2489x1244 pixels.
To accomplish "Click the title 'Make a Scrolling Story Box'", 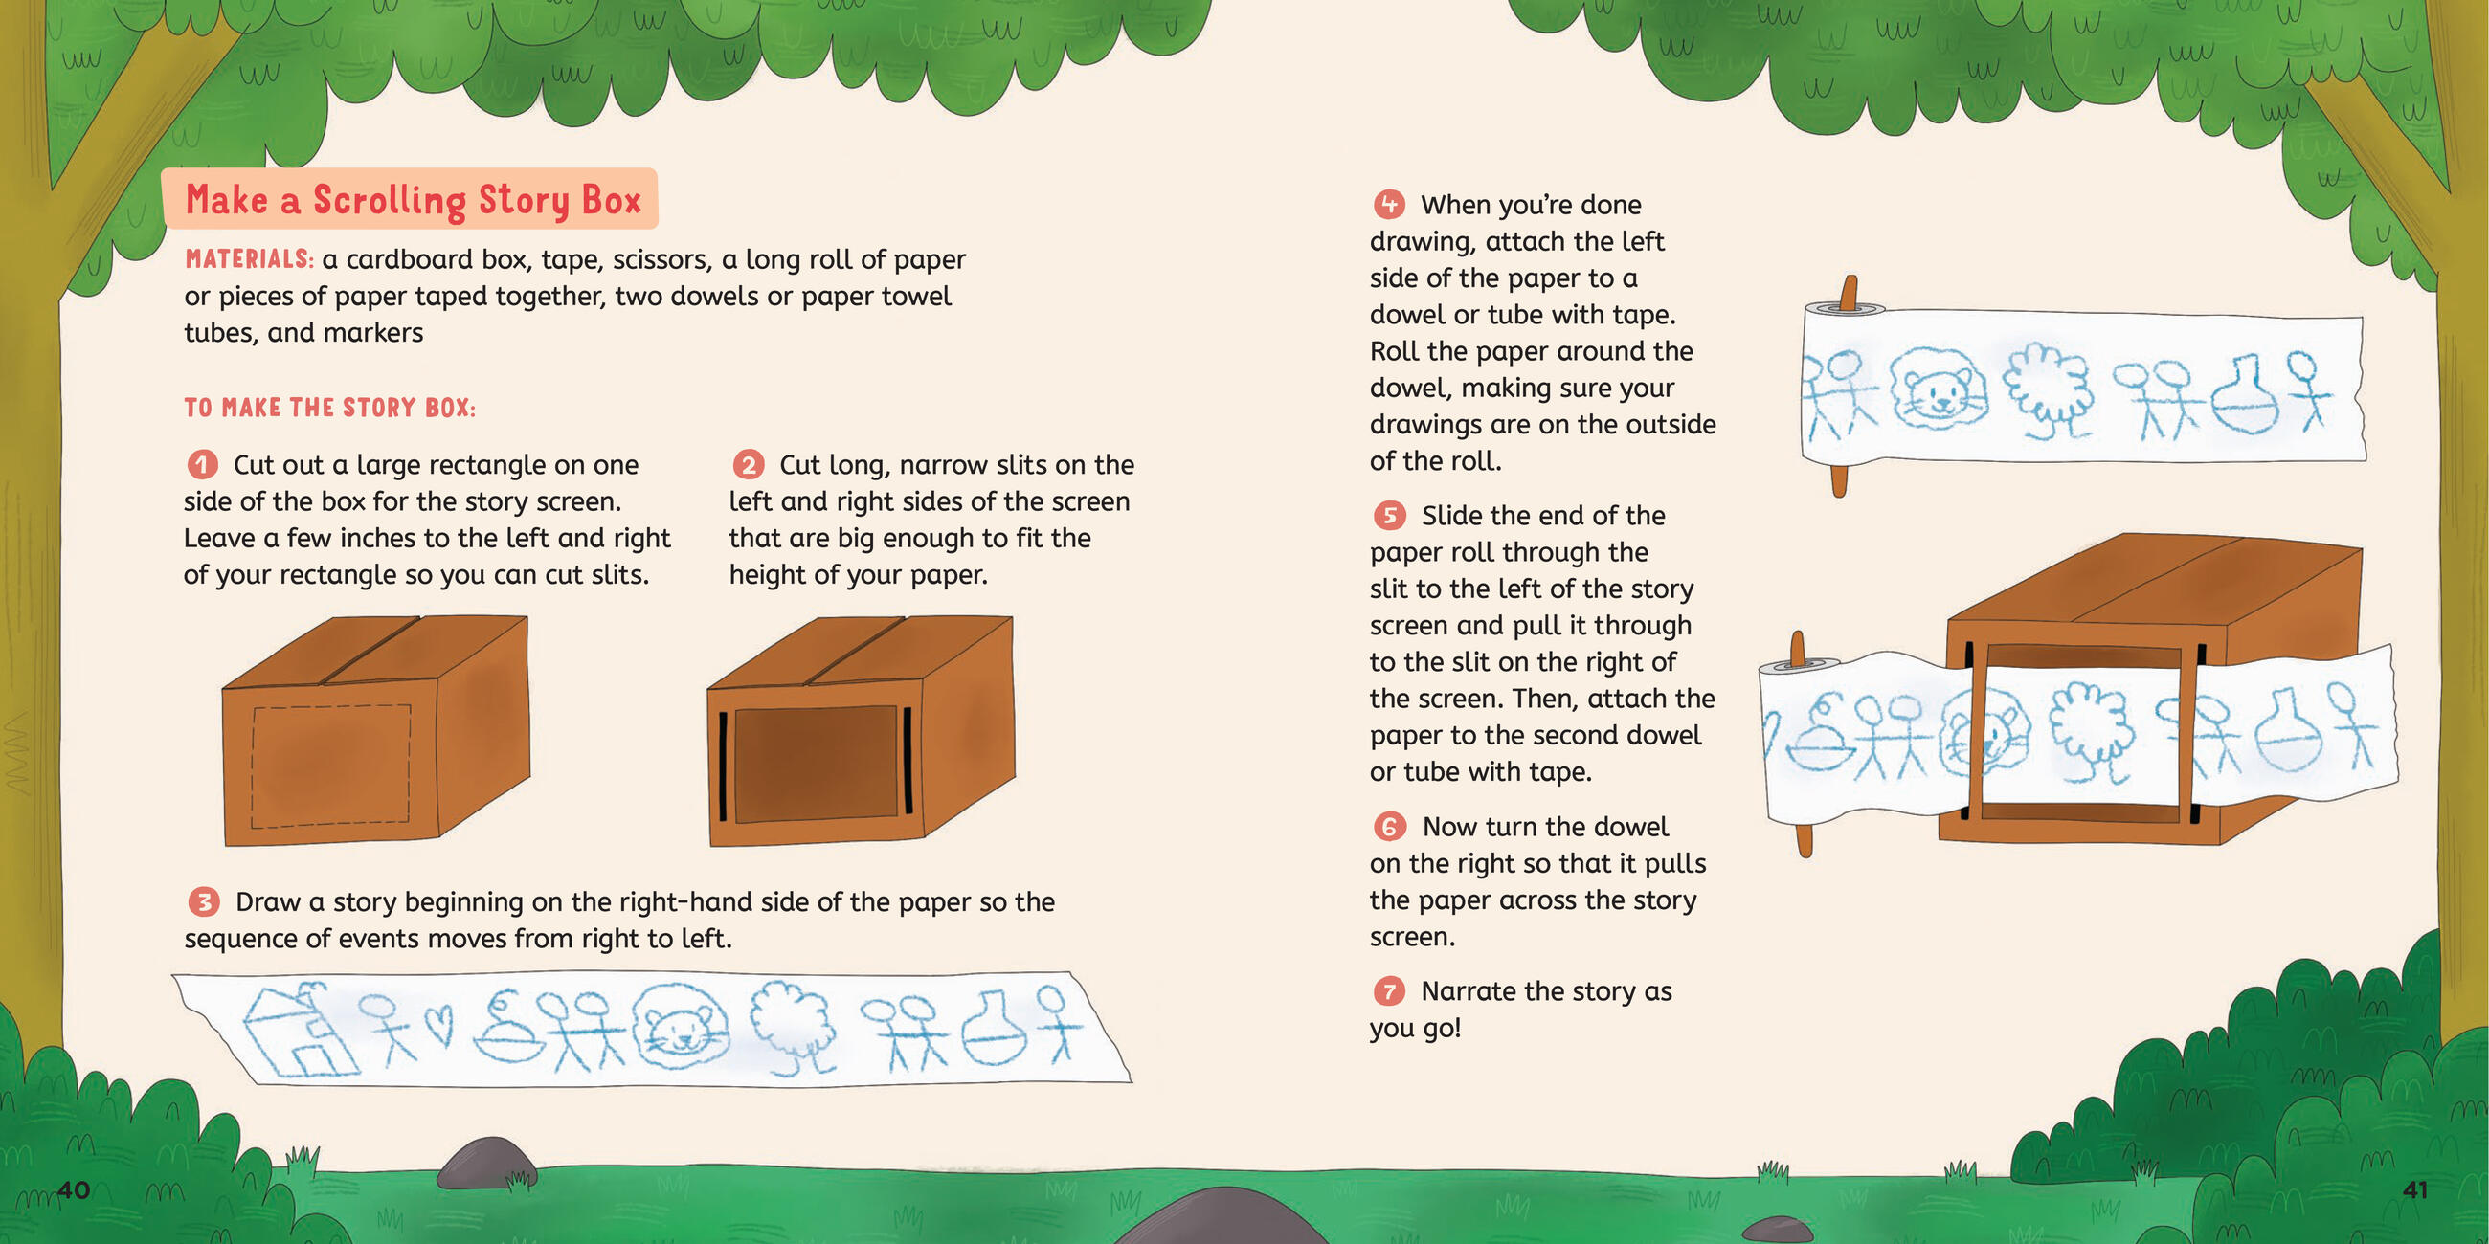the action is tap(414, 200).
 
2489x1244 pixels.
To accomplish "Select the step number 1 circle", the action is tap(202, 464).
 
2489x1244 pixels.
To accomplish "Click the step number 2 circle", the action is tap(748, 464).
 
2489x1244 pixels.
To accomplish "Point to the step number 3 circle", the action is tap(203, 902).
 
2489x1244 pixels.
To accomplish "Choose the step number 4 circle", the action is tap(1389, 205).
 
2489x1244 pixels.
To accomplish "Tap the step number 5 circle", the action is tap(1389, 516).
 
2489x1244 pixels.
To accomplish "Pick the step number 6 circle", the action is tap(1389, 827).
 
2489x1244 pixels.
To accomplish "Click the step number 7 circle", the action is tap(1389, 991).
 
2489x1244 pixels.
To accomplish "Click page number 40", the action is tap(74, 1188).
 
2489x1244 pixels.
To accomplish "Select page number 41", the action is tap(2414, 1188).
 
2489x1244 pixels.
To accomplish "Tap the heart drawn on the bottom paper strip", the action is tap(438, 1026).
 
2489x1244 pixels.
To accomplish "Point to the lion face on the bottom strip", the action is tap(682, 1029).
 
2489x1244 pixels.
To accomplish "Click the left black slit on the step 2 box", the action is tap(723, 766).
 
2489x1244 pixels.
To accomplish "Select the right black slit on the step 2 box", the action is tap(908, 760).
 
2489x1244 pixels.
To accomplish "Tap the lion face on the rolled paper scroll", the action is tap(1939, 389).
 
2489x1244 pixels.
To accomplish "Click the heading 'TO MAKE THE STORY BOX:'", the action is tap(329, 408).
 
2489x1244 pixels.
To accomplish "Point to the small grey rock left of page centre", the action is tap(486, 1162).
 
